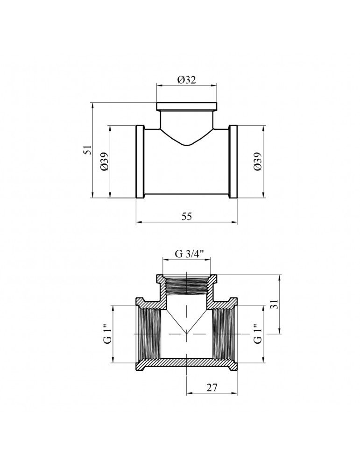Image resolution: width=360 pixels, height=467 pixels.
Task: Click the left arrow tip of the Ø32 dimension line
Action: pyautogui.click(x=157, y=86)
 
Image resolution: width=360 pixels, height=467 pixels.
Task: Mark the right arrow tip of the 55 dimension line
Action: pyautogui.click(x=237, y=222)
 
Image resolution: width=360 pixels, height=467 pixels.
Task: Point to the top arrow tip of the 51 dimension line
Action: pyautogui.click(x=93, y=103)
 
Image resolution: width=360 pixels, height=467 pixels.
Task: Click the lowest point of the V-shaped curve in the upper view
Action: pyautogui.click(x=187, y=146)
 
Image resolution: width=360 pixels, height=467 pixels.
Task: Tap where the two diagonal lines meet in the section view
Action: pyautogui.click(x=187, y=333)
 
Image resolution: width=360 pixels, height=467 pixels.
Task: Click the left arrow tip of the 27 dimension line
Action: pyautogui.click(x=187, y=393)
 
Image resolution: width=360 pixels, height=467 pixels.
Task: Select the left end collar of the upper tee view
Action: pyautogui.click(x=140, y=162)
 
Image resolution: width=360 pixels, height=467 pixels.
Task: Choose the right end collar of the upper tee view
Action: pyautogui.click(x=233, y=162)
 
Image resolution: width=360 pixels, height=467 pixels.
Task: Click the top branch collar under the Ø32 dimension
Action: pyautogui.click(x=187, y=106)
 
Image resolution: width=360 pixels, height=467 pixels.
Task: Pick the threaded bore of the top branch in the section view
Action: pyautogui.click(x=187, y=285)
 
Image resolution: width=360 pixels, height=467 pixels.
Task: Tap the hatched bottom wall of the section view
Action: pyautogui.click(x=187, y=362)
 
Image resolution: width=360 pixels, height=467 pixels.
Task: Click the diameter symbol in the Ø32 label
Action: pyautogui.click(x=181, y=80)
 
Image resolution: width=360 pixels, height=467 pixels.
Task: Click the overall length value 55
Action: pyautogui.click(x=187, y=217)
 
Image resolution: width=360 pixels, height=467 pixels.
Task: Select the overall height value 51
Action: pyautogui.click(x=87, y=150)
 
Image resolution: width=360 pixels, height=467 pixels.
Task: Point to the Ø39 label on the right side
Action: pyautogui.click(x=258, y=162)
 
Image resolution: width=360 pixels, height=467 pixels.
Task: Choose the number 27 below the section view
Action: pyautogui.click(x=212, y=388)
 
